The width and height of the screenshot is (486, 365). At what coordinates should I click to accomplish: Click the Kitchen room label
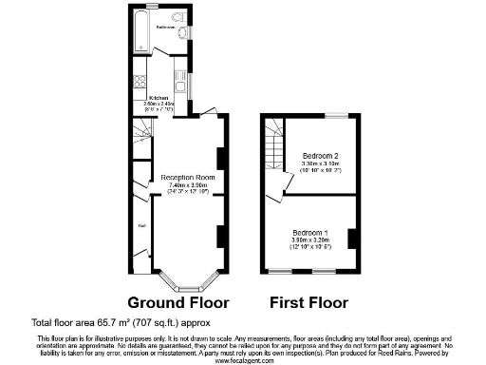pos(159,98)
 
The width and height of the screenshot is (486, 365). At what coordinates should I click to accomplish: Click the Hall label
pos(141,225)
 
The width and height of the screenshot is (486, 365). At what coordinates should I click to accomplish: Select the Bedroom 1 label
pos(310,233)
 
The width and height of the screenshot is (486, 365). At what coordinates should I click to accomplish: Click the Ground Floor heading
pos(178,303)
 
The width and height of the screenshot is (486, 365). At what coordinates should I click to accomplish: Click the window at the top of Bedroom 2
pos(335,116)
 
